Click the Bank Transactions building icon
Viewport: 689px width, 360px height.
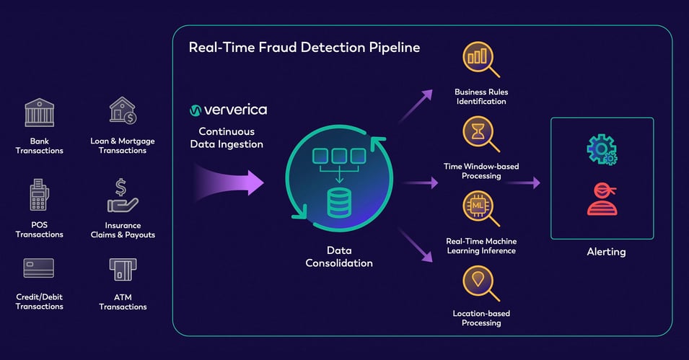(39, 113)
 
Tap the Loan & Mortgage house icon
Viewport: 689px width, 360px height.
(123, 111)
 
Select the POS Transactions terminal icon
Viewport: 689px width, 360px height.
(39, 196)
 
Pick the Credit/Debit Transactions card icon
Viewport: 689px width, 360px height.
(39, 268)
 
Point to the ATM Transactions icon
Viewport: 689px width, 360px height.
(123, 270)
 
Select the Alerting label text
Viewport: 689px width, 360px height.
(605, 252)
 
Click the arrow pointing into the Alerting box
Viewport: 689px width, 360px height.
(525, 183)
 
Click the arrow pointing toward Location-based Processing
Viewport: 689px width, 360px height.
(418, 249)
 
